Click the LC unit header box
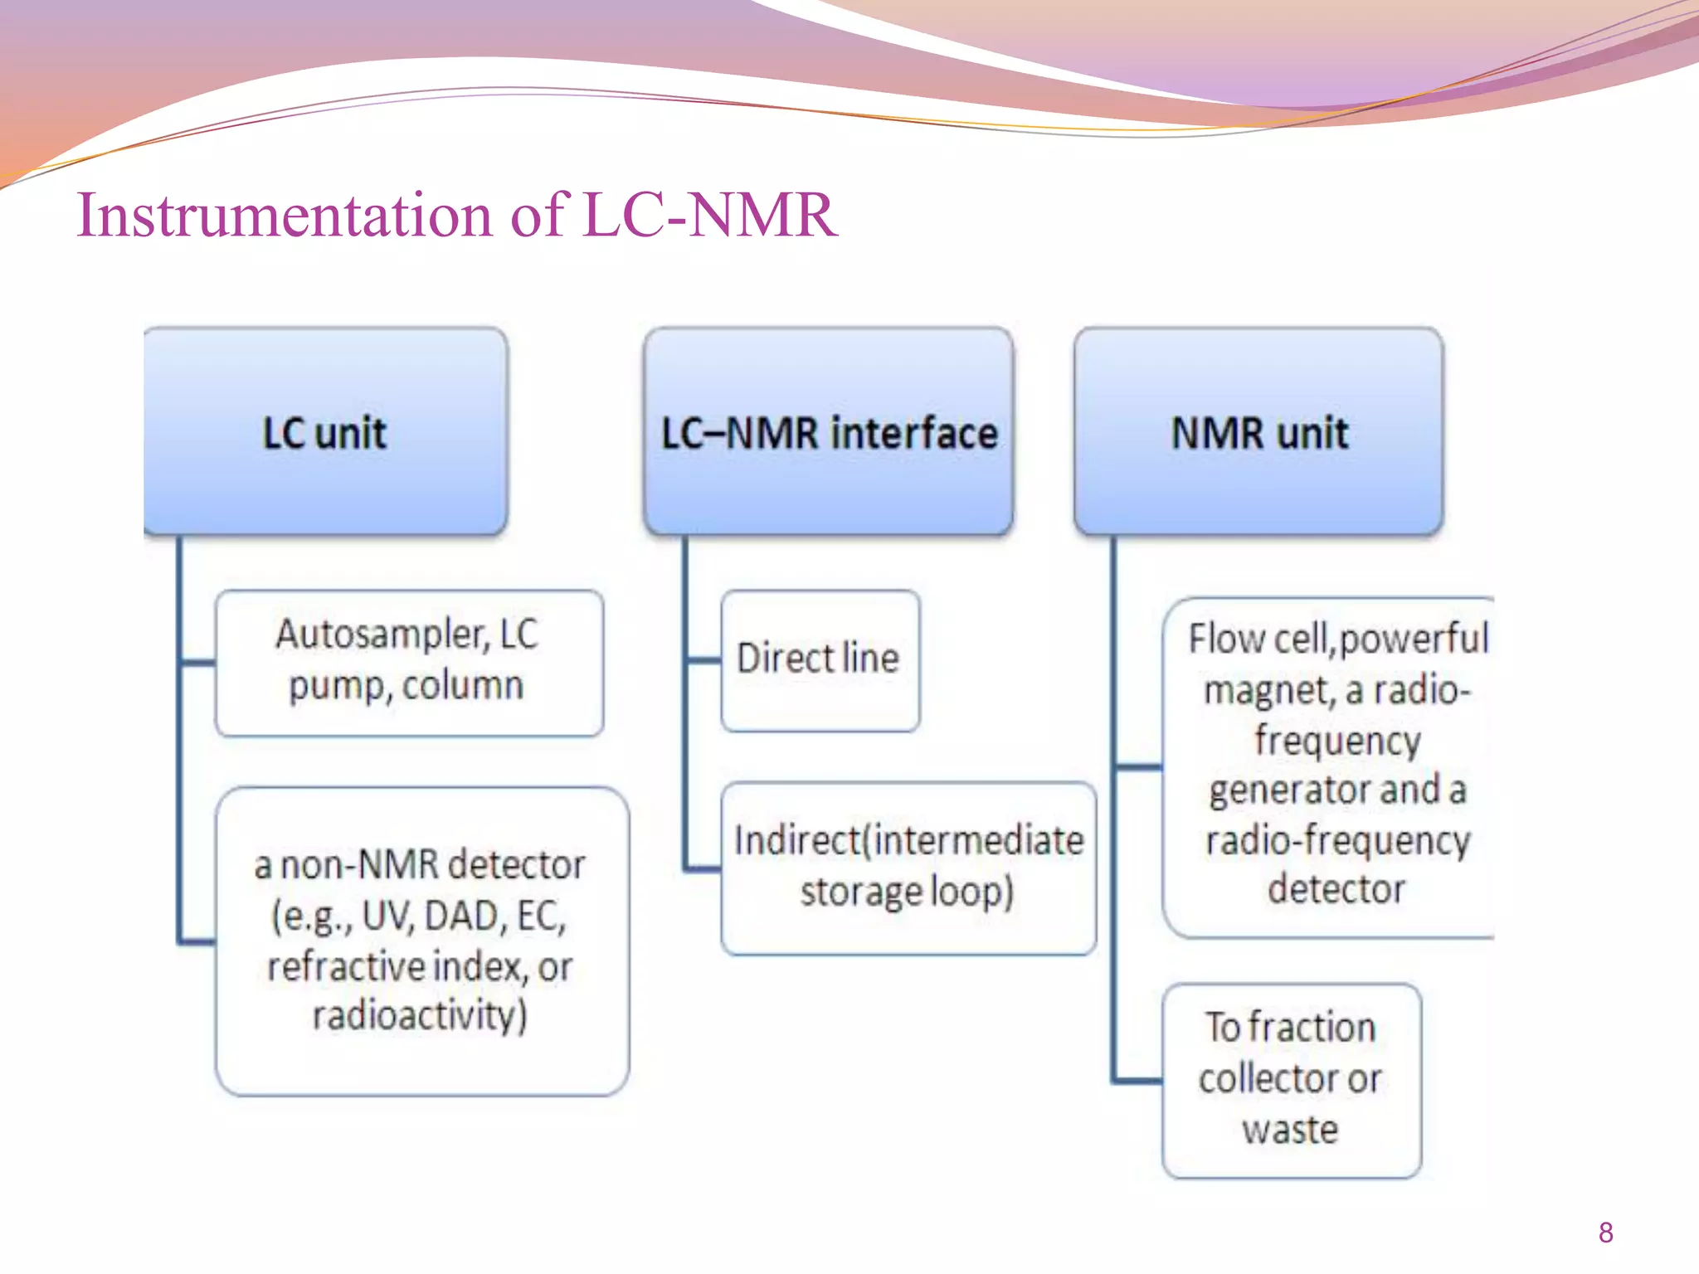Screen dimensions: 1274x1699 [325, 431]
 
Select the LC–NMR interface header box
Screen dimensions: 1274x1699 [828, 431]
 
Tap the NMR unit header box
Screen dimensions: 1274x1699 [1258, 431]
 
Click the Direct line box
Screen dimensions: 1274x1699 [820, 660]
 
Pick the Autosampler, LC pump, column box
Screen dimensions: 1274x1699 [408, 662]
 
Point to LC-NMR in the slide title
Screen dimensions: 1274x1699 [710, 216]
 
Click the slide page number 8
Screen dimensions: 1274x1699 [1605, 1233]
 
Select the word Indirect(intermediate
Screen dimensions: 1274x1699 [908, 841]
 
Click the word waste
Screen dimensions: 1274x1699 [1290, 1130]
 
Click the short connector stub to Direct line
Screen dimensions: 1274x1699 [703, 661]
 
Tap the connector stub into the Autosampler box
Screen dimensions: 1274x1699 [197, 663]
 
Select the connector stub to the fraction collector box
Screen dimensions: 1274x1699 [1137, 1081]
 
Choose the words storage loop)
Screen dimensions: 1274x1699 [907, 892]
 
